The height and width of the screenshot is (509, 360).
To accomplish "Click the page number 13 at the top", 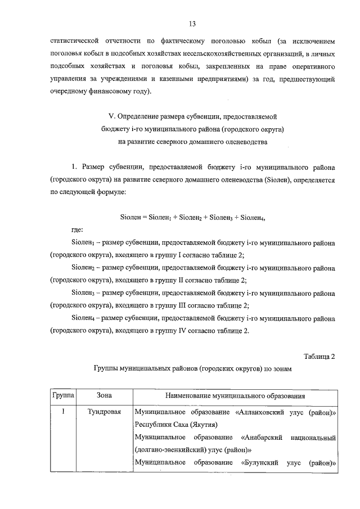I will [x=192, y=23].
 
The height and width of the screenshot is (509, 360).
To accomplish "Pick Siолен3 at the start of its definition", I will [x=83, y=293].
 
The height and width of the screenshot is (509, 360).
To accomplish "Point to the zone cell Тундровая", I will [x=105, y=412].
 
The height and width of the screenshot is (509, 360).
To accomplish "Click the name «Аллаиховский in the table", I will [x=264, y=412].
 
